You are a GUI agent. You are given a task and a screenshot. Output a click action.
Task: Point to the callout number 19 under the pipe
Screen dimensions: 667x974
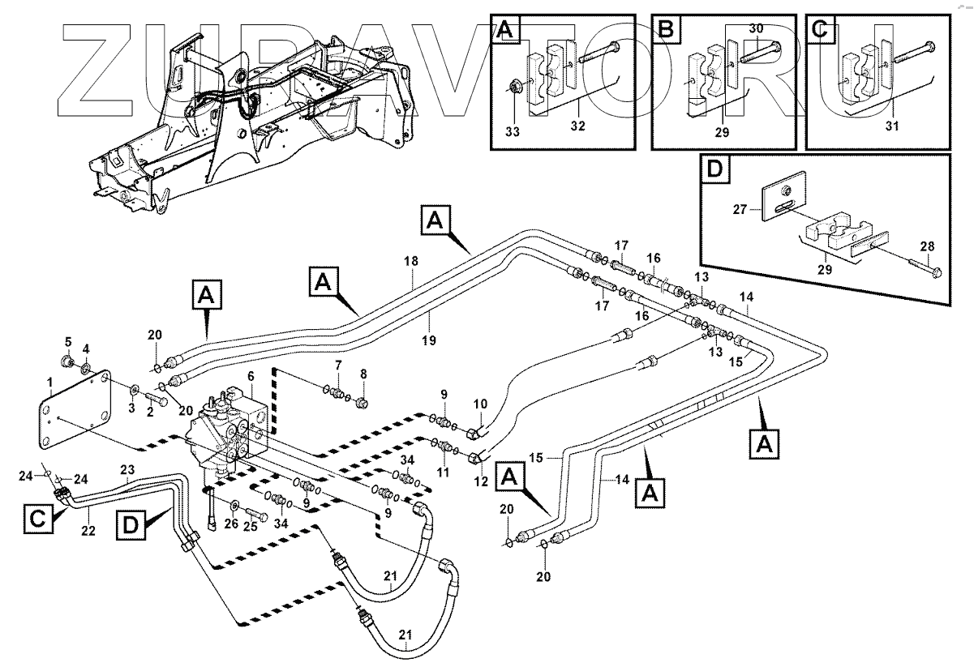pyautogui.click(x=430, y=341)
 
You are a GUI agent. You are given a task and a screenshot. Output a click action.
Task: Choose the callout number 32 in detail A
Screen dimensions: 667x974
pyautogui.click(x=577, y=126)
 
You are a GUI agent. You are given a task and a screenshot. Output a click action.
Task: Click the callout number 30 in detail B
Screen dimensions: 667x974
pyautogui.click(x=756, y=28)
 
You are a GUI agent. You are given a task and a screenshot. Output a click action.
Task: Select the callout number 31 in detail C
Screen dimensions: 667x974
pyautogui.click(x=893, y=126)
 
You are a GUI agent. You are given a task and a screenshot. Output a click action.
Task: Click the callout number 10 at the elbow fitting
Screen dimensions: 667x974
pyautogui.click(x=480, y=404)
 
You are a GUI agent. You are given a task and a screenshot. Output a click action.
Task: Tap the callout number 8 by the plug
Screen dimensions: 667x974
pyautogui.click(x=363, y=374)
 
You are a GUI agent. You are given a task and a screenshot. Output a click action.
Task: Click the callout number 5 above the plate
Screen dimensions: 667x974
pyautogui.click(x=68, y=341)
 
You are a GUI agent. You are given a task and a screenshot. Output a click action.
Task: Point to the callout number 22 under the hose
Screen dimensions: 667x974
pyautogui.click(x=88, y=531)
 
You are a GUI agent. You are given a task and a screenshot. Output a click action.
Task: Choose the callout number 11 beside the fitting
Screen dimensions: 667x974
pyautogui.click(x=442, y=471)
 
